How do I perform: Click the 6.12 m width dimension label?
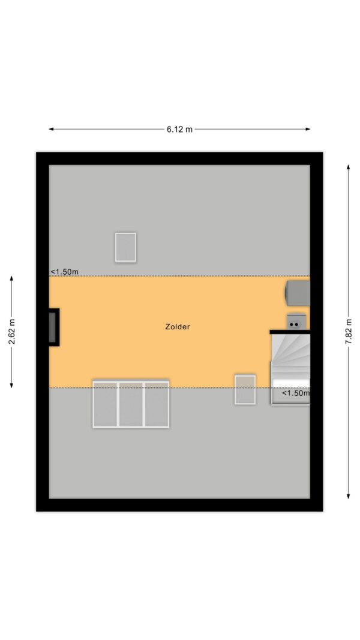coord(179,130)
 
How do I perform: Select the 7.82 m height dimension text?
coord(349,331)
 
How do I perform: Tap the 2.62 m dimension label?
coord(12,331)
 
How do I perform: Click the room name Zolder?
coord(178,326)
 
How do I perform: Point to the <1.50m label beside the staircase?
coord(296,393)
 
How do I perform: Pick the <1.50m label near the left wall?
coord(64,272)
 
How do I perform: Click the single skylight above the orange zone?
coord(125,247)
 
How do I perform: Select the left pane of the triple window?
coord(106,404)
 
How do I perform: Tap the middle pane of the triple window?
coord(131,404)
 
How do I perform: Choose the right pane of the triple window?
coord(157,404)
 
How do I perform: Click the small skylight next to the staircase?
coord(245,390)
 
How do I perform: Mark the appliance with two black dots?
coord(296,321)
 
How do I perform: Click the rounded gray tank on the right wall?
coord(297,293)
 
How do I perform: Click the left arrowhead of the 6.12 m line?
coord(51,130)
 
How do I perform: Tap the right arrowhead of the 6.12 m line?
coord(308,130)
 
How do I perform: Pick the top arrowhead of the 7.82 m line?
coord(349,167)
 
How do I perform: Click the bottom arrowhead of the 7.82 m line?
coord(349,496)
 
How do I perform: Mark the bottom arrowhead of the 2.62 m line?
coord(11,385)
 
